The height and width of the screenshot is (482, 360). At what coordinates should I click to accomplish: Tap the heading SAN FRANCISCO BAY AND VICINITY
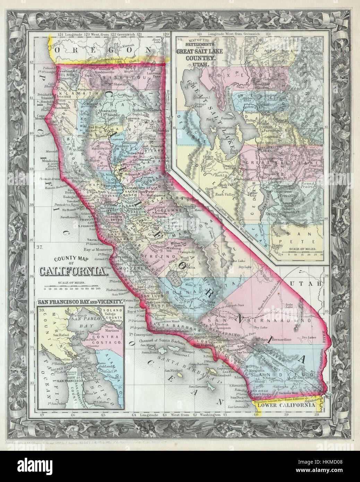(80, 301)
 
